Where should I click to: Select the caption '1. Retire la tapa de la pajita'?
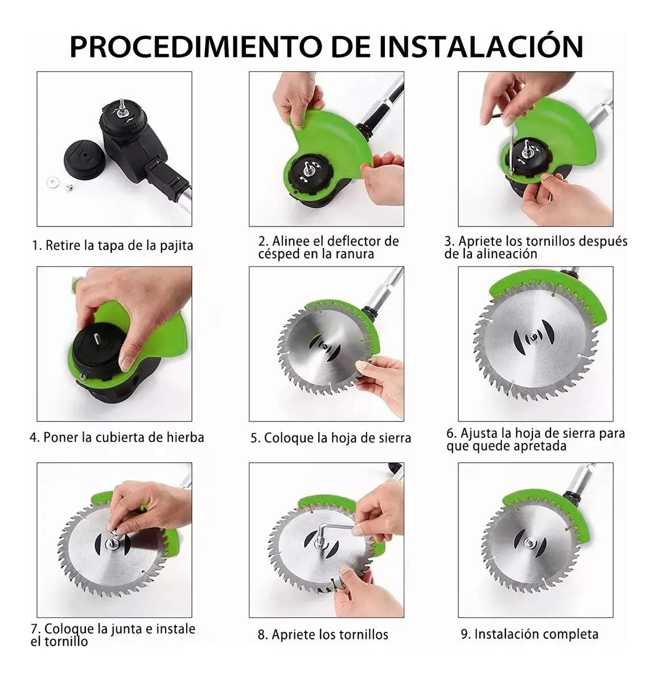112,245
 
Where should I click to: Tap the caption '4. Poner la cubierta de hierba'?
117,437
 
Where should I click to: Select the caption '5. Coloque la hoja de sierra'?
331,438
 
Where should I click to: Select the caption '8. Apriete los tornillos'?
323,634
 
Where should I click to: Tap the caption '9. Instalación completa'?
529,634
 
